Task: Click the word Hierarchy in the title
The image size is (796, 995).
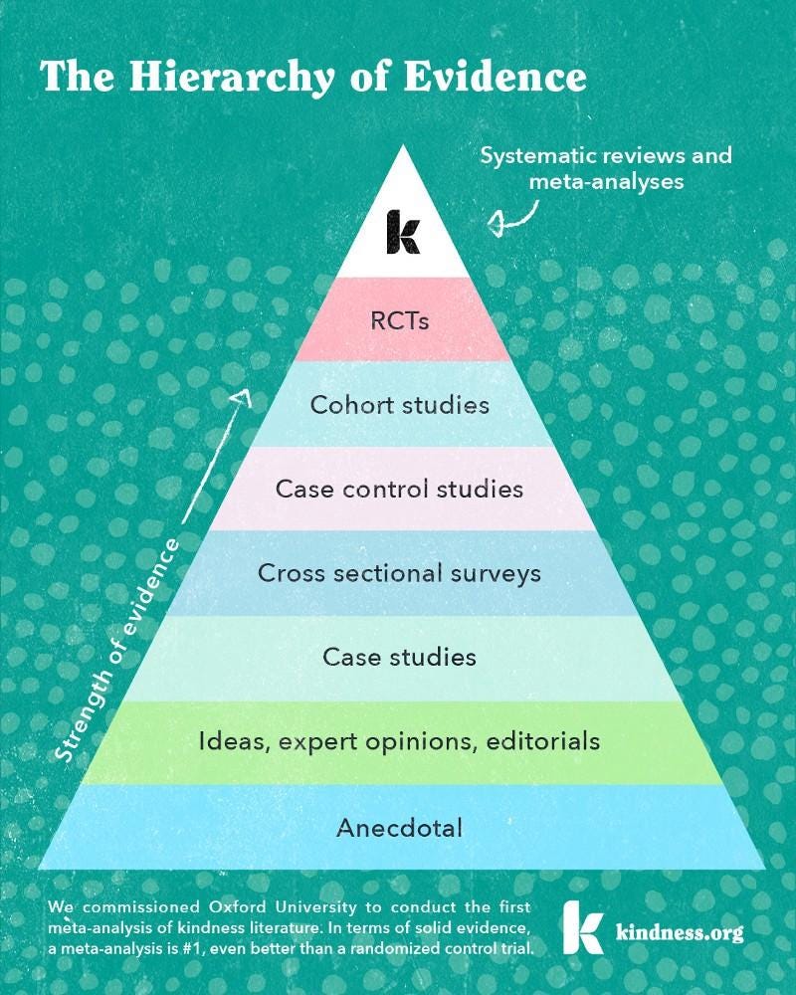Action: click(x=257, y=76)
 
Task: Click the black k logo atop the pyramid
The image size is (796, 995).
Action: click(x=403, y=231)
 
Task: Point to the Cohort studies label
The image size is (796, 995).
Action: click(x=399, y=405)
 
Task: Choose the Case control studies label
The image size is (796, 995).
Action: click(x=399, y=489)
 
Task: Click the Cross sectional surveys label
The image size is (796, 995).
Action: click(x=399, y=573)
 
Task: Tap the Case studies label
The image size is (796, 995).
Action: click(x=399, y=657)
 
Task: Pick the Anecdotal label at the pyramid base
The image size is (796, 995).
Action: click(x=399, y=827)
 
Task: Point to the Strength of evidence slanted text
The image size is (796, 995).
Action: click(x=117, y=651)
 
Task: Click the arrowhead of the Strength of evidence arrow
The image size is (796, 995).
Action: click(x=242, y=396)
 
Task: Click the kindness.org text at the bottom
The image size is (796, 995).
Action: click(x=680, y=934)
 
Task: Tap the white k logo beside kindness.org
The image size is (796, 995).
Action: click(x=581, y=927)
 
